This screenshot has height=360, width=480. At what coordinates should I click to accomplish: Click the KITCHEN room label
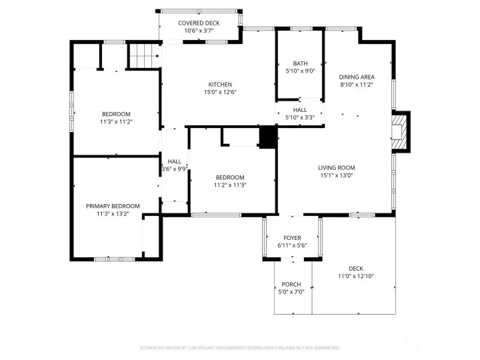point(220,85)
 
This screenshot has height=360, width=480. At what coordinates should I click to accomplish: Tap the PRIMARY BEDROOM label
point(113,206)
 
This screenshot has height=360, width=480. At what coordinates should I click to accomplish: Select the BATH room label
point(300,64)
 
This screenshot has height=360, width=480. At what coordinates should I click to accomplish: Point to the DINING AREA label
point(357,77)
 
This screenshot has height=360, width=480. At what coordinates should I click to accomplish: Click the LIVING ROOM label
point(336,168)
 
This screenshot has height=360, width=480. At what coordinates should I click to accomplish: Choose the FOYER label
point(292,238)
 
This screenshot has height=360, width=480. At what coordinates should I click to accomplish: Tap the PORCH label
point(291,284)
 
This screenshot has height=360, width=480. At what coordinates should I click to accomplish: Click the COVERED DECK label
point(199,23)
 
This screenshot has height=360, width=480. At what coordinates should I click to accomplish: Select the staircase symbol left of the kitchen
point(141,55)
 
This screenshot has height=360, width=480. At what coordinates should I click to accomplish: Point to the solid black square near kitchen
point(267,137)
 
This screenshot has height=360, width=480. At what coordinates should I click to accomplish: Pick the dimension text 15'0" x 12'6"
point(220,92)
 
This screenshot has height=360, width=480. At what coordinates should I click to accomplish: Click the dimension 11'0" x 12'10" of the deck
point(355,276)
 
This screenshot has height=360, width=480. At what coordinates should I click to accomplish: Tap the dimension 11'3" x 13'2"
point(113,213)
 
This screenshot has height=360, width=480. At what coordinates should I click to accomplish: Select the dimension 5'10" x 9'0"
point(300,71)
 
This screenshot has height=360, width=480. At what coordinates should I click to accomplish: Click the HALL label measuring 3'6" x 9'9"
point(175,161)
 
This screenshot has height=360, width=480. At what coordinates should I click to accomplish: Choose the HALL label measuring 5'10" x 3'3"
point(300,110)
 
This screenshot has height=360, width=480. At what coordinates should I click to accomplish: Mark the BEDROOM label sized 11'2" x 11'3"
point(230,177)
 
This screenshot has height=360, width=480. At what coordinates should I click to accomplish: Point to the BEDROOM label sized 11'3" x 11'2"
point(116,114)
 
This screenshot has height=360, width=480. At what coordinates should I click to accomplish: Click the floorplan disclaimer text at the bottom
point(239,347)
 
